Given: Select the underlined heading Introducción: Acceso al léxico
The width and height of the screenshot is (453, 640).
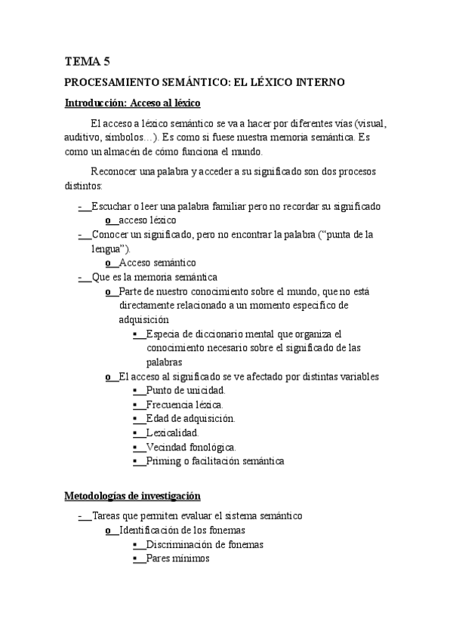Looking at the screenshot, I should point(132,103).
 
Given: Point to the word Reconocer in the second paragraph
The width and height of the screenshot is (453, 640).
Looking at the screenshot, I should point(114,172).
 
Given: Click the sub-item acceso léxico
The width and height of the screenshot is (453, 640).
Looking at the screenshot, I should point(148,220).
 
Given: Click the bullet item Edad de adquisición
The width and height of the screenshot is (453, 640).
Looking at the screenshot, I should point(190,418).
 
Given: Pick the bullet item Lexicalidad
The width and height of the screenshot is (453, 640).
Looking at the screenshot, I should point(173,432).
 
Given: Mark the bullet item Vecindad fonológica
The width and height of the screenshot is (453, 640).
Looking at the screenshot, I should point(191,447).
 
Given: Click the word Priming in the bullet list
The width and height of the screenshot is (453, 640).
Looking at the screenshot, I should point(164,461).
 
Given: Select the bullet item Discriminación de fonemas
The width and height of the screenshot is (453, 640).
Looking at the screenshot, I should point(205,544).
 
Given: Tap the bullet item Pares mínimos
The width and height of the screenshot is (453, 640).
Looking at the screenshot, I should point(178,558).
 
